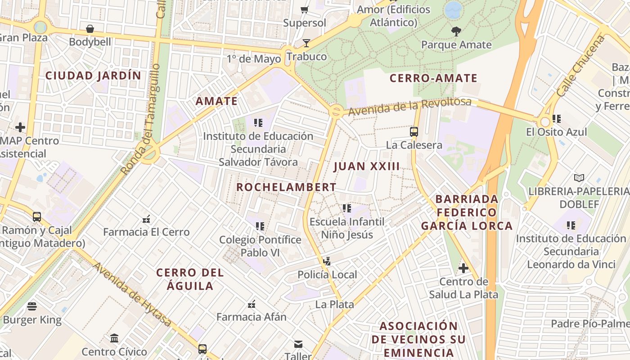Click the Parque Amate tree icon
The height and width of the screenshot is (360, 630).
(456, 31)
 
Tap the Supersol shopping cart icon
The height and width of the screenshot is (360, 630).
(305, 9)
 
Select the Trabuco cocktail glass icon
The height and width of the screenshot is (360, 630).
(306, 43)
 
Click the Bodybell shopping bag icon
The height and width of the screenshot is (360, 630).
(90, 29)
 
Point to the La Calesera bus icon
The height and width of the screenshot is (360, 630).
(414, 132)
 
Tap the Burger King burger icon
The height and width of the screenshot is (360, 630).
(32, 306)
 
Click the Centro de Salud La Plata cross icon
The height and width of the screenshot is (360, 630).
(463, 269)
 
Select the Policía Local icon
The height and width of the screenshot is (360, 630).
(327, 261)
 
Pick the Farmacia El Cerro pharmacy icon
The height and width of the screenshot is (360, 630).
(146, 219)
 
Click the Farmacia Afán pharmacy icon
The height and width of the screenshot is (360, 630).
(252, 304)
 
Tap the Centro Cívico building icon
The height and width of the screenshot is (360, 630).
(114, 338)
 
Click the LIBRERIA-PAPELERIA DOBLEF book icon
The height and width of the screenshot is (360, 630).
(579, 178)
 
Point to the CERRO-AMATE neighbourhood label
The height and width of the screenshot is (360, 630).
(433, 78)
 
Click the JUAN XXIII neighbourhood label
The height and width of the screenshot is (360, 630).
(366, 166)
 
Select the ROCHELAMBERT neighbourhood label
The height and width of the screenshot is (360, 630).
(286, 187)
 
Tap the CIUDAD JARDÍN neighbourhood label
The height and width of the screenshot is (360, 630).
(93, 76)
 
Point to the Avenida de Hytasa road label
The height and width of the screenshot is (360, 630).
(132, 294)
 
